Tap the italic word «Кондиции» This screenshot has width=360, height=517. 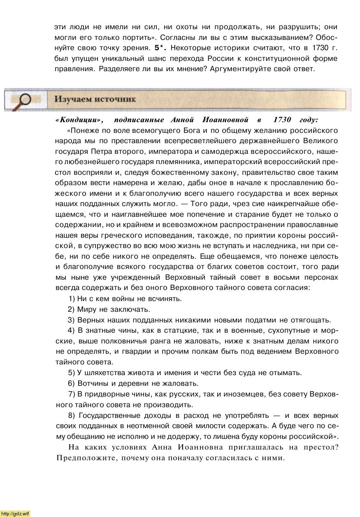[79, 120]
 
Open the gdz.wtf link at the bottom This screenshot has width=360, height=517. [16, 513]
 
